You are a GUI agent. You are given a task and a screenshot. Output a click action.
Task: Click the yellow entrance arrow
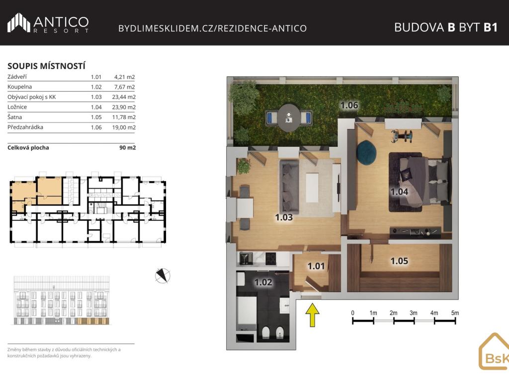[x=312, y=315]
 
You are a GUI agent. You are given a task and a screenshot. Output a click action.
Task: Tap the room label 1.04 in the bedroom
[x=399, y=192]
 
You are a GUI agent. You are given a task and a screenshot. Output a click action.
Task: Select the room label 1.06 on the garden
[x=349, y=105]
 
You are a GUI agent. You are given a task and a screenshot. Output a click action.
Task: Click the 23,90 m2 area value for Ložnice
[x=124, y=107]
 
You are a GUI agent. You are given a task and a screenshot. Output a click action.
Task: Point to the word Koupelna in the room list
[x=19, y=87]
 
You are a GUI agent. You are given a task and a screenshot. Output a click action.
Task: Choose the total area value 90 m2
[x=127, y=148]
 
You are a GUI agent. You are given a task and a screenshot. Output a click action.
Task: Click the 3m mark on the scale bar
[x=413, y=313]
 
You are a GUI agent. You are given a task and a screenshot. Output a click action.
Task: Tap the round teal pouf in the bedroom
[x=366, y=151]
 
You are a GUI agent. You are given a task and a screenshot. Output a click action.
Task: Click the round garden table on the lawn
[x=289, y=118]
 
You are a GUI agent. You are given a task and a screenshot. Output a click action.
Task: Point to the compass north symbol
[x=163, y=276]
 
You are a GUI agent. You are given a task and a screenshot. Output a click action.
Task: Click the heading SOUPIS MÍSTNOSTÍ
[x=46, y=66]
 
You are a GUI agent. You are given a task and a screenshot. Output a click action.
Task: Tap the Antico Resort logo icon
[x=19, y=23]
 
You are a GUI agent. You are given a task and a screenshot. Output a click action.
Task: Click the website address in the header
[x=212, y=28]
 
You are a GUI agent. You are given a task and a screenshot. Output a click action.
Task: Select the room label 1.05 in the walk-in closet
[x=399, y=261]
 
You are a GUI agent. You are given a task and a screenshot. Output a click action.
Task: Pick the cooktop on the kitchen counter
[x=271, y=258]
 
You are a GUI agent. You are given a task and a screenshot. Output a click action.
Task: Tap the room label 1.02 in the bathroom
[x=263, y=282]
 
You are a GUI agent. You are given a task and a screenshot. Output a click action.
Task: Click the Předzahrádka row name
[x=25, y=127]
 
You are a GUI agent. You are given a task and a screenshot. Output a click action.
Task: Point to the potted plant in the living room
[x=244, y=166]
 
